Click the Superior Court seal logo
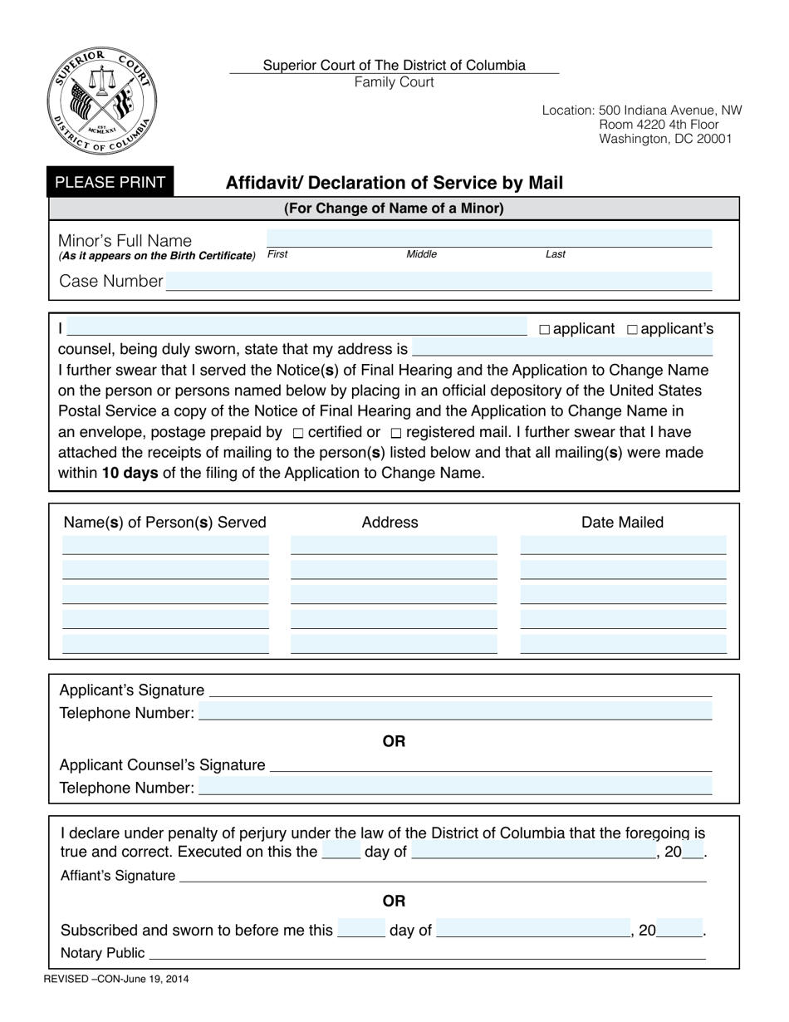101,101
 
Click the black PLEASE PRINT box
110,182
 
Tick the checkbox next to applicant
545,330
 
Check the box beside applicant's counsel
632,330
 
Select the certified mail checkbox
299,433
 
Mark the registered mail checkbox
396,433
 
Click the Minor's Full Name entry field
488,238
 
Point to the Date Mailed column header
622,522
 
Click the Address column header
390,522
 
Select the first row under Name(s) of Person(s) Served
165,545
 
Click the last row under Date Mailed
623,644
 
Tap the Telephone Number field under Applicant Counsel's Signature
455,787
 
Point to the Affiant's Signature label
118,876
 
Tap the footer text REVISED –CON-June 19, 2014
116,979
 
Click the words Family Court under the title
394,81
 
